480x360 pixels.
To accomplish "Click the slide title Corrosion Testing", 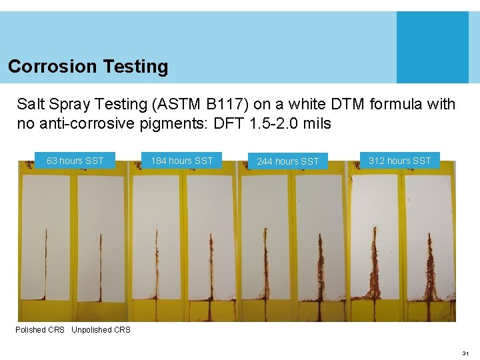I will coord(88,67).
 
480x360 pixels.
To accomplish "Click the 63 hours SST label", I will coord(75,161).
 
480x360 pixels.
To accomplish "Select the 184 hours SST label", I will coord(181,161).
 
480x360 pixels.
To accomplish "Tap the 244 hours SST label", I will coord(288,161).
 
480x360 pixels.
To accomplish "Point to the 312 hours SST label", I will coord(399,161).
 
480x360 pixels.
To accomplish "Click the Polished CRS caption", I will coord(40,330).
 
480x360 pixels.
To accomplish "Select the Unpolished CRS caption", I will coord(101,330).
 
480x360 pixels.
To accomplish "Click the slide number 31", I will coord(465,353).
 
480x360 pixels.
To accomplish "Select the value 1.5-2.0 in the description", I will coord(273,124).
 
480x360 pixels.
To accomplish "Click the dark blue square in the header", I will coord(432,47).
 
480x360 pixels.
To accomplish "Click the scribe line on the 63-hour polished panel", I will coord(46,267).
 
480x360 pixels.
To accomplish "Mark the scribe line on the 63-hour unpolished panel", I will coord(101,267).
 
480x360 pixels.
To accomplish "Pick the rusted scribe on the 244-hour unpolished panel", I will coord(321,267).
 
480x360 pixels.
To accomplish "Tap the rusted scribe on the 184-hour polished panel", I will coord(157,267).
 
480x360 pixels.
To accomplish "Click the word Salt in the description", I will coord(30,105).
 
